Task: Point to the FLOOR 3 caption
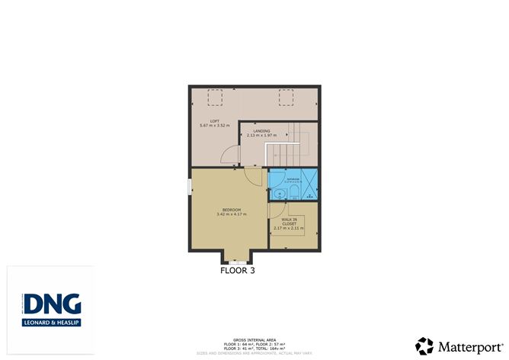238,270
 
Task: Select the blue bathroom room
293,184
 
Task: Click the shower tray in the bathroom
309,184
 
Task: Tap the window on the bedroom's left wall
190,187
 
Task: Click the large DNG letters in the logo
51,305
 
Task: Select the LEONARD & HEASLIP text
51,323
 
